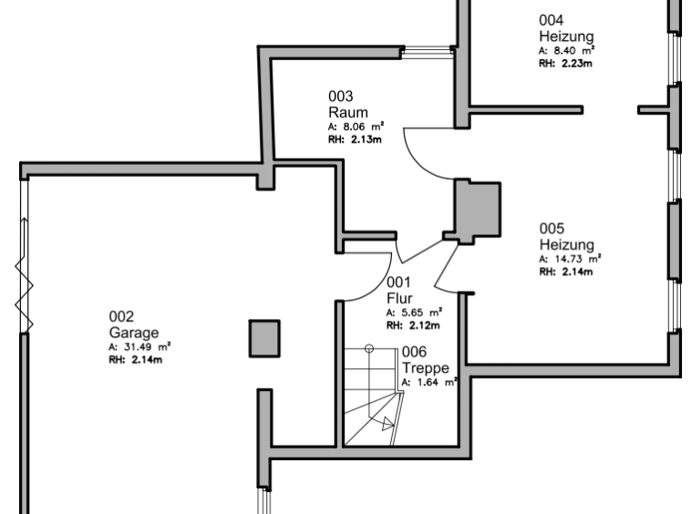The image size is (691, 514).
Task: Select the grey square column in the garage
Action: point(265,338)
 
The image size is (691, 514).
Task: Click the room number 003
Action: point(340,96)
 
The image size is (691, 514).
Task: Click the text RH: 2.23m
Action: point(566,64)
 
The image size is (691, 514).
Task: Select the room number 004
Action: point(551,20)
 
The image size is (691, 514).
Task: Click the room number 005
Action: point(552,228)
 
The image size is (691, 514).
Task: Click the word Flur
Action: point(400,297)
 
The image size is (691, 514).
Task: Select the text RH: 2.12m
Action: point(413,324)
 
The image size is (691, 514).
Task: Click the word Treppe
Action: point(426,368)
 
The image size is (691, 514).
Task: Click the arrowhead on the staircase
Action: point(388,423)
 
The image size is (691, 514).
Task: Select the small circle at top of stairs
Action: point(369,348)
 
